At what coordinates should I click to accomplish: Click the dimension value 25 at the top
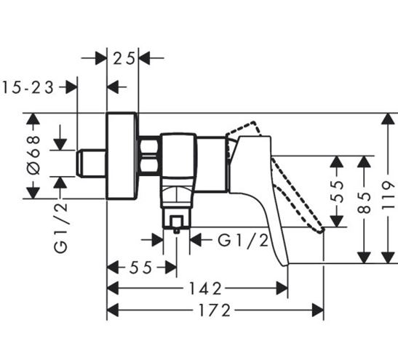124,59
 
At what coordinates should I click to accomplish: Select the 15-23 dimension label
28,88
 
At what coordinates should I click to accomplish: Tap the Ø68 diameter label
33,155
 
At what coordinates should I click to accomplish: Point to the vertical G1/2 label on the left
60,224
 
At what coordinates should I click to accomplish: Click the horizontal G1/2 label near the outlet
243,241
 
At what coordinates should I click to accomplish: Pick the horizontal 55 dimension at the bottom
140,268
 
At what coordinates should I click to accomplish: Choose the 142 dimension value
206,289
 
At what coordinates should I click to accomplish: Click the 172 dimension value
215,311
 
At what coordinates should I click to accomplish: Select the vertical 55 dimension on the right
337,192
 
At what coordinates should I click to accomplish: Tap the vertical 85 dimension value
365,203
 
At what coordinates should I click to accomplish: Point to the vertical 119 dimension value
389,195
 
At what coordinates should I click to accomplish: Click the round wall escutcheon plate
122,156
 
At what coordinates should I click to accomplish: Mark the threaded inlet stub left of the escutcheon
91,163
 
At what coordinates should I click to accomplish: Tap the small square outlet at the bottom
177,222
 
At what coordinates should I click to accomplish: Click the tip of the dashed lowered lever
322,231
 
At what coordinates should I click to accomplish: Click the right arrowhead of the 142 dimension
282,288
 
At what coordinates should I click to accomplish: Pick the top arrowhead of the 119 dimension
388,119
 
